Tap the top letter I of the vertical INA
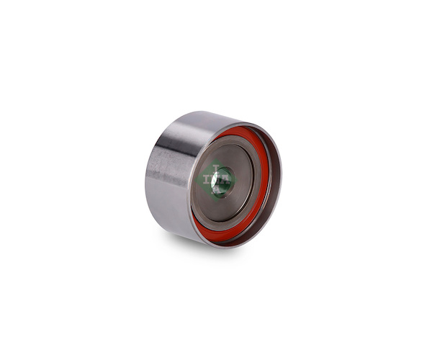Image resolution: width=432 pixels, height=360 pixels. coord(216,168)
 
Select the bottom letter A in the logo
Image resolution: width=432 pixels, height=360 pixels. coord(217,191)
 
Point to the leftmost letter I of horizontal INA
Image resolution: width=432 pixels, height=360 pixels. coord(205,180)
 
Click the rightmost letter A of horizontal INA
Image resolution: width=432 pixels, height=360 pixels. coord(226,180)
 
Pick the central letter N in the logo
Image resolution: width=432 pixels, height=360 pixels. coord(216,180)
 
